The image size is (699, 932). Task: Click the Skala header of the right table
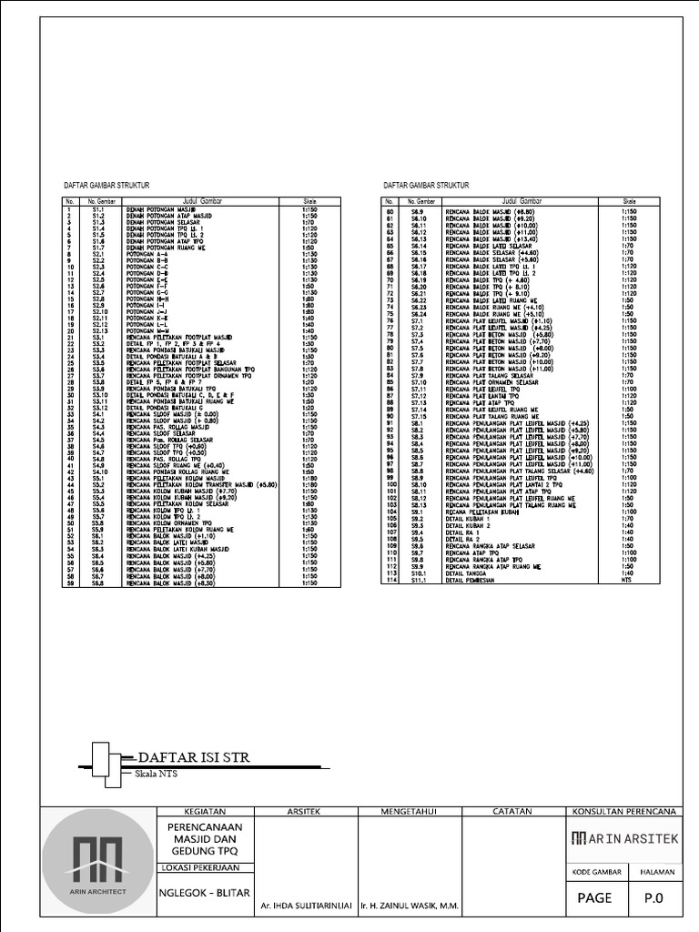click(x=629, y=201)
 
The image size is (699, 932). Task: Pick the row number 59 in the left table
click(x=69, y=582)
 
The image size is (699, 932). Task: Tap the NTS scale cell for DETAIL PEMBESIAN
click(x=626, y=579)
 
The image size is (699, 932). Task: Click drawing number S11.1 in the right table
click(x=419, y=579)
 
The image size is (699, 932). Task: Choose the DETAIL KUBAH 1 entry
click(x=468, y=519)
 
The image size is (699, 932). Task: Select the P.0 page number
click(x=654, y=896)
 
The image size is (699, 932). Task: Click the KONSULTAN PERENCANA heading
click(x=623, y=811)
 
